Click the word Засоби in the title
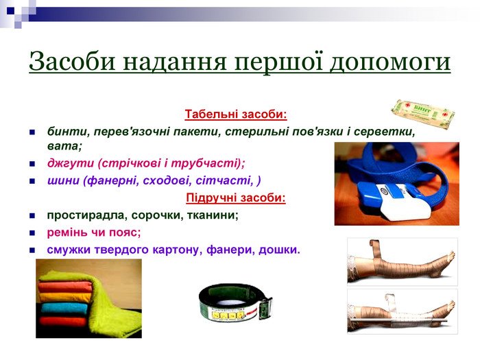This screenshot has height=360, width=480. (x=73, y=60)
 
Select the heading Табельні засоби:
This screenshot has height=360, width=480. (x=236, y=115)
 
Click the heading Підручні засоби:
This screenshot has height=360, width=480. (x=236, y=197)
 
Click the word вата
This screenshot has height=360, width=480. (x=64, y=145)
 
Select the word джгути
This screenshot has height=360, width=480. (x=71, y=163)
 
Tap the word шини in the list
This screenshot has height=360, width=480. (x=63, y=180)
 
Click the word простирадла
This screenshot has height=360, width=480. (x=87, y=215)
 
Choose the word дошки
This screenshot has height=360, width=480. (x=279, y=250)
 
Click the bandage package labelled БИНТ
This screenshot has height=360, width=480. (x=423, y=113)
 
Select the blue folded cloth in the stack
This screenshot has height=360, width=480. (x=64, y=308)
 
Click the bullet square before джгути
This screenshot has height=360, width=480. (x=32, y=164)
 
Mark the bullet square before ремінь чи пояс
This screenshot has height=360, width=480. (x=32, y=233)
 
